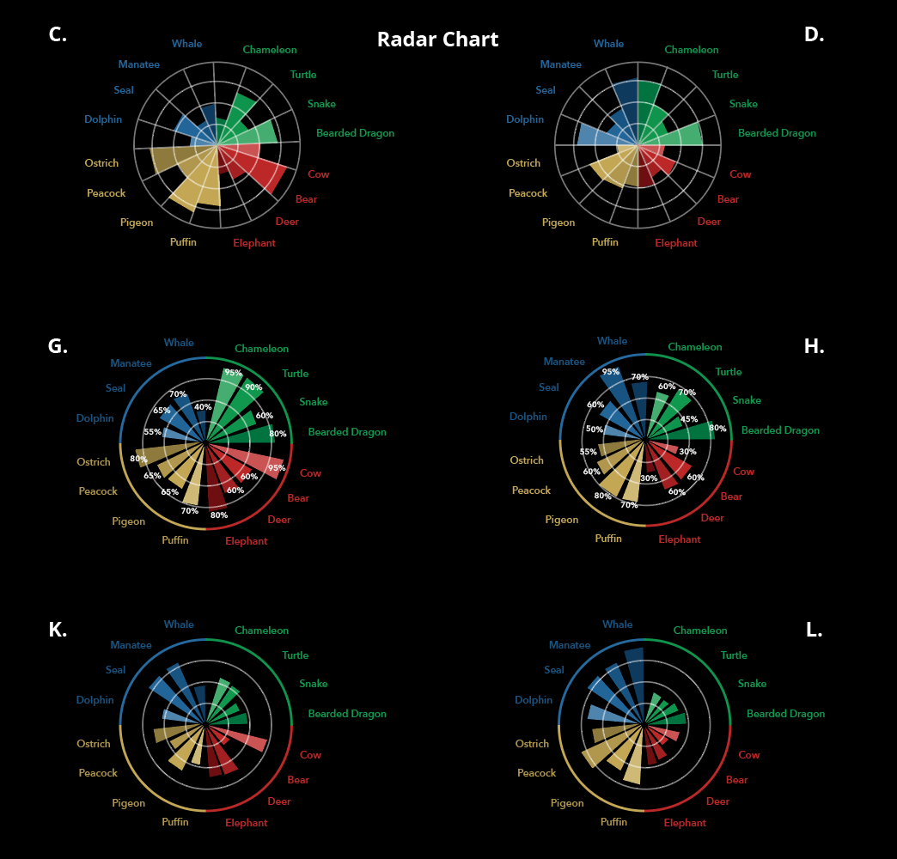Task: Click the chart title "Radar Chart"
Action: coord(437,40)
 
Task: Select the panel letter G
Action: coord(58,347)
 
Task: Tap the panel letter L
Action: coord(814,630)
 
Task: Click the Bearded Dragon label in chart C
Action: coord(355,134)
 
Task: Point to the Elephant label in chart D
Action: coord(676,243)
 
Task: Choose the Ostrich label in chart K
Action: coord(94,744)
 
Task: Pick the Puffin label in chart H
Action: coord(608,539)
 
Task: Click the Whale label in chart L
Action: coord(617,624)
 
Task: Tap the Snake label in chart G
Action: coord(313,402)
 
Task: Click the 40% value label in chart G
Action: coord(203,407)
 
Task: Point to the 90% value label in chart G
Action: coord(253,387)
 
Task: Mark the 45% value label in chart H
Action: coord(689,419)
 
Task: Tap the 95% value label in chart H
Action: coord(611,372)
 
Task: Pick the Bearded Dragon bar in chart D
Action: coord(683,135)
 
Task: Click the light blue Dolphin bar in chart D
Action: coord(593,135)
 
